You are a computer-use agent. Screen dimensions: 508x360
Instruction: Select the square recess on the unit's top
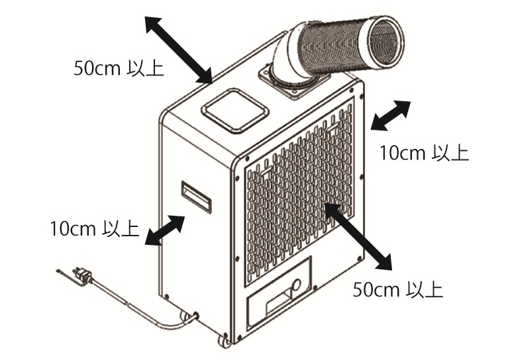pos(235,111)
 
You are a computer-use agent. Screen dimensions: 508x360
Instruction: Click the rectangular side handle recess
pos(196,197)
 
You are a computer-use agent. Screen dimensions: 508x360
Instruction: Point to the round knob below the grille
pos(297,285)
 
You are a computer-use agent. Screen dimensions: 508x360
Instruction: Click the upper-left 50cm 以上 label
pos(119,68)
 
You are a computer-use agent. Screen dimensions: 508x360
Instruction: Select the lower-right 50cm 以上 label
pos(397,290)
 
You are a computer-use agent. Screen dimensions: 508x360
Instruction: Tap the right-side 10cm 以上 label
pos(424,153)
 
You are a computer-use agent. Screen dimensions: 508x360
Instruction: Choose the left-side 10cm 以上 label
pos(95,228)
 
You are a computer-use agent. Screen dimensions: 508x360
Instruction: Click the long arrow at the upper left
pos(179,50)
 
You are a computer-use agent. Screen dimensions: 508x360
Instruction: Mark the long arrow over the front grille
pos(358,236)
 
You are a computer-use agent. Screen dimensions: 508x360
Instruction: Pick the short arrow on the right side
pos(391,116)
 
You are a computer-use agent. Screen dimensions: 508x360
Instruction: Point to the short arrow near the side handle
pos(165,230)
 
